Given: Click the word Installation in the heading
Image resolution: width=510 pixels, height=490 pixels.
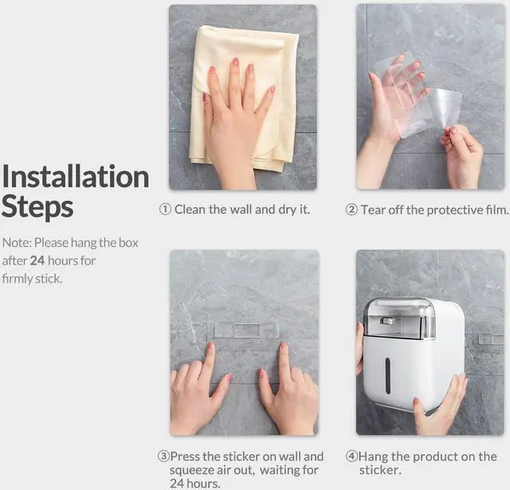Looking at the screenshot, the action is pos(76,176).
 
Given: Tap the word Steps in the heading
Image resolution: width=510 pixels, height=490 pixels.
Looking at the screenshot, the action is pos(37,207).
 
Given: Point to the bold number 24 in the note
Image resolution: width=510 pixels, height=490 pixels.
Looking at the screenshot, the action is pos(37,261).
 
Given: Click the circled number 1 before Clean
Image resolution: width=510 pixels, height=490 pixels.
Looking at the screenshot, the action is pos(165,209).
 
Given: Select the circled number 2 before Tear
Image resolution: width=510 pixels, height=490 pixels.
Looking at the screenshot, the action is pos(351,210).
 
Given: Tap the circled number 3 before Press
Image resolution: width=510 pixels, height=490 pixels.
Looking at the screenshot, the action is pos(163,457).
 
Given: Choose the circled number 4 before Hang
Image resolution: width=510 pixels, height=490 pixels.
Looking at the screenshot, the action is pos(351,457).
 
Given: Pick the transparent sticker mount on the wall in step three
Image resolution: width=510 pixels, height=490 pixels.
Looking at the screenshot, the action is pos(247,330).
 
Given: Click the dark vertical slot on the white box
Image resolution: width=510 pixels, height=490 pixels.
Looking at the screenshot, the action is pos(387,376).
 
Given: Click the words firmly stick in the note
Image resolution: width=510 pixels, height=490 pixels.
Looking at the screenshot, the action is pos(32,279).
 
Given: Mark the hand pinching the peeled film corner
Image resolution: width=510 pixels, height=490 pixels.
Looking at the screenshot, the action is pos(462,156).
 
